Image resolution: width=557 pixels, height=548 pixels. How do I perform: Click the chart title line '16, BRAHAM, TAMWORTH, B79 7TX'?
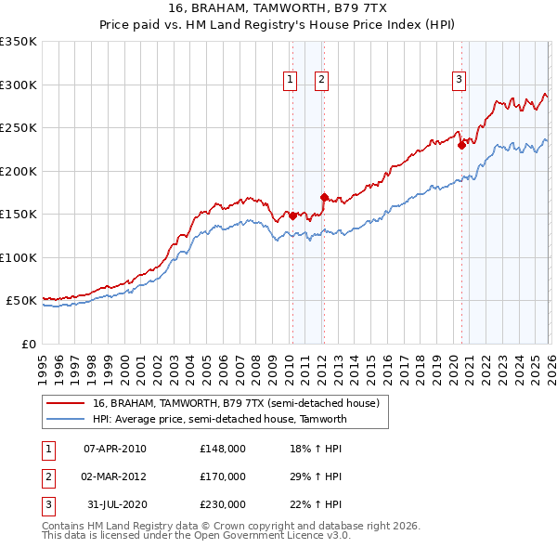278,9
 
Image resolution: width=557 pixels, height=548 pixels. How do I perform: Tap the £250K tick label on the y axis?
19,128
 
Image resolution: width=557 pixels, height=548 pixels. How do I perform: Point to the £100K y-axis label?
19,257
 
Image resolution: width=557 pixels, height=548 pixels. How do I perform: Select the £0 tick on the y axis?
28,344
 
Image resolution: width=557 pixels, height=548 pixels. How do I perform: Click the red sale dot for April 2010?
292,215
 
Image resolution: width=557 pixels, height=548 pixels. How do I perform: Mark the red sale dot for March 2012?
324,197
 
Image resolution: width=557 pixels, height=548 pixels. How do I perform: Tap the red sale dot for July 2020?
461,145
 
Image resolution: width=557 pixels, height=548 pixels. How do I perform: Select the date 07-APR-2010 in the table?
115,449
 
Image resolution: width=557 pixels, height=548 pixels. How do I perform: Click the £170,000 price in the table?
223,476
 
